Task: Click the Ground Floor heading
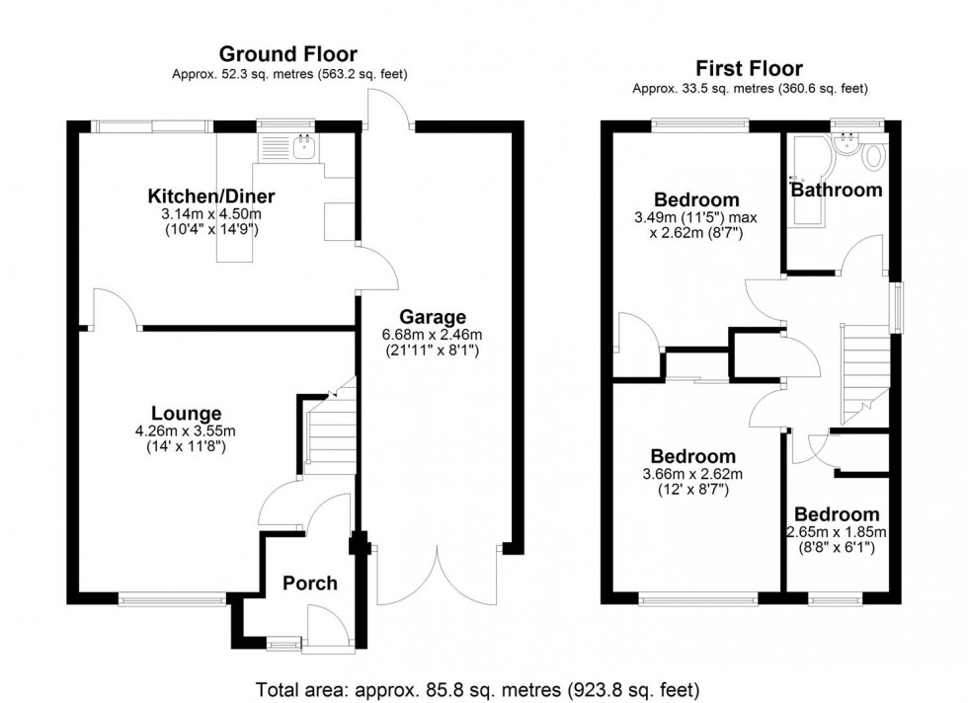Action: coord(287,53)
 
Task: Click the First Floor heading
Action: coord(750,68)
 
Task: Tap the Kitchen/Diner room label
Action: coord(211,196)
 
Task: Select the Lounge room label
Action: coord(186,413)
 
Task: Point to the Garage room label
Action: coord(432,317)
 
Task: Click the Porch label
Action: coord(310,583)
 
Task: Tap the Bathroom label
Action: coord(837,190)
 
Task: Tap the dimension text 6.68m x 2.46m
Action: coord(432,335)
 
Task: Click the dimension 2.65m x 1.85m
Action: coord(837,532)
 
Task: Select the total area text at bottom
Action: coord(477,688)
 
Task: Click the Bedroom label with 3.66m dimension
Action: coord(692,456)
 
